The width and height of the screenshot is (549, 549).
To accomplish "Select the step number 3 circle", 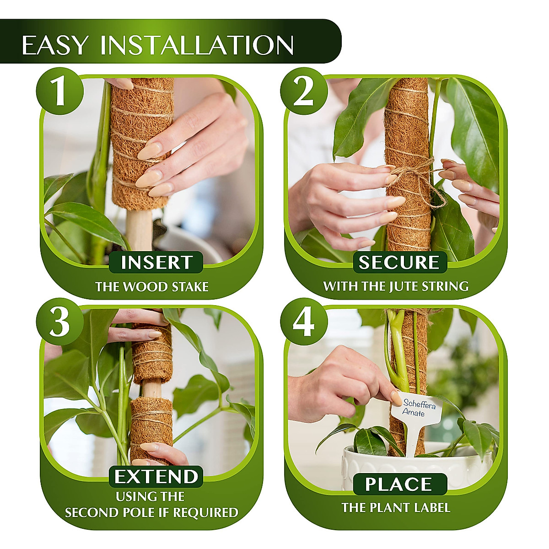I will click(x=60, y=322).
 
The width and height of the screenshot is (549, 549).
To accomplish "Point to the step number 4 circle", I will click(x=304, y=322).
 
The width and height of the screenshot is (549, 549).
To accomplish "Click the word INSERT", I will click(x=156, y=263).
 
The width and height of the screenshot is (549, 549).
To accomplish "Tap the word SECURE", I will click(x=399, y=263).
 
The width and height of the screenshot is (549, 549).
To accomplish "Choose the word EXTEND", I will click(x=156, y=477).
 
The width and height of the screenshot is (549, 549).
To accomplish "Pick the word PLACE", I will click(x=399, y=484).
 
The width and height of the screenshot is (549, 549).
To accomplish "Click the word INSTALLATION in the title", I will click(x=197, y=45).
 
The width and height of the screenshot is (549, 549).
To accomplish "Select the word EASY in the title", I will click(x=55, y=45).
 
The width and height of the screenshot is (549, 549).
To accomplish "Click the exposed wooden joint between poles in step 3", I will click(x=152, y=389).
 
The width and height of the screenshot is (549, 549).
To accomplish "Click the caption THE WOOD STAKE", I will click(x=152, y=287).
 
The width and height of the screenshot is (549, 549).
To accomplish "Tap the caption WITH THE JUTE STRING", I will click(x=396, y=286).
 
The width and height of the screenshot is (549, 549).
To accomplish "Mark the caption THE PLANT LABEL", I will click(x=396, y=507).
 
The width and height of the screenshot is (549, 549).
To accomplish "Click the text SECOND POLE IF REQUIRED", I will click(x=151, y=512).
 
